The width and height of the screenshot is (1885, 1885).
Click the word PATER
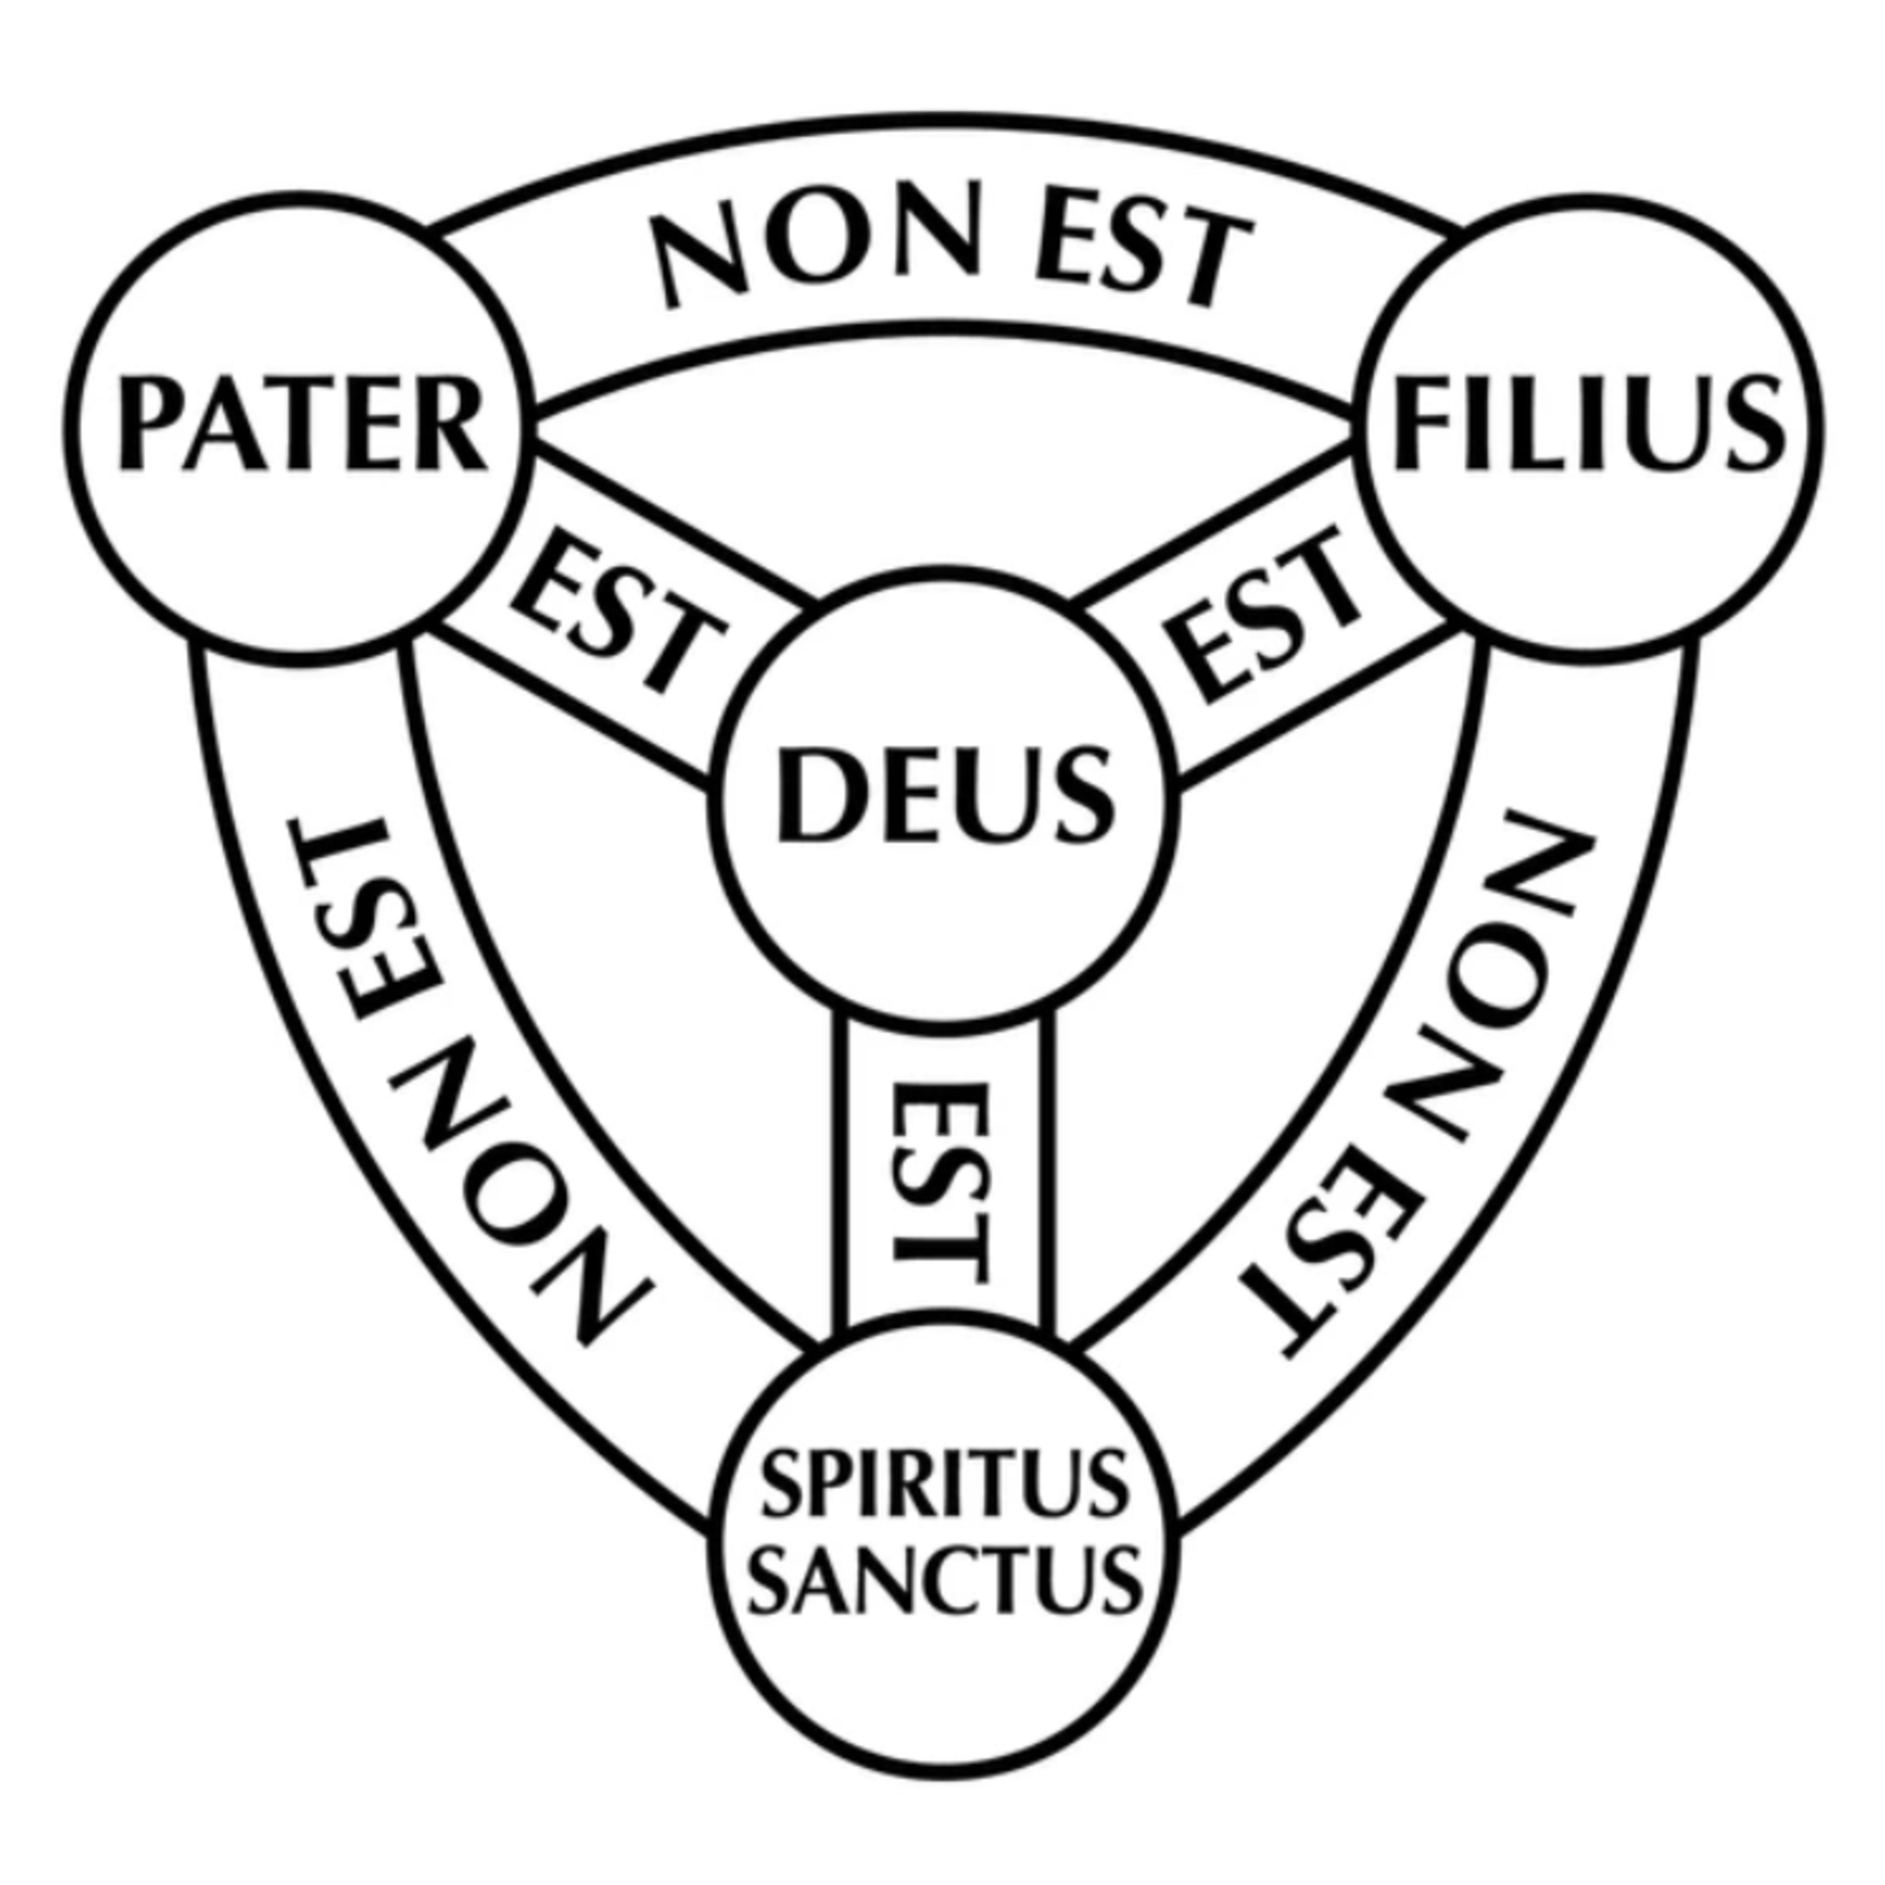pyautogui.click(x=302, y=427)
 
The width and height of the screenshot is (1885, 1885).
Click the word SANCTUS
pyautogui.click(x=944, y=1578)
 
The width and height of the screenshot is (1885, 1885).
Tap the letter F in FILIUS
pyautogui.click(x=1419, y=427)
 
